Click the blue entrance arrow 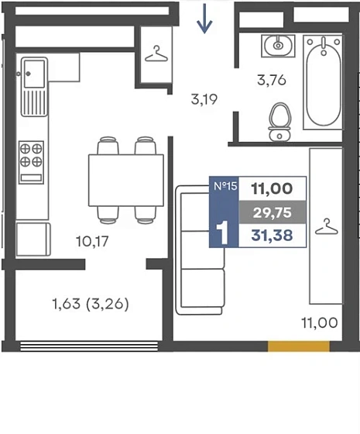(204, 19)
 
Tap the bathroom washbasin (278, 46)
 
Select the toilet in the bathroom (279, 122)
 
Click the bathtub (323, 82)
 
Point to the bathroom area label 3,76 (272, 81)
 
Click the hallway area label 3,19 (204, 99)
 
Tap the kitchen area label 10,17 (92, 241)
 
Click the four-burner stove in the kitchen (31, 162)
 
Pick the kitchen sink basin (34, 74)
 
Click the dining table (126, 180)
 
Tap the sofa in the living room (200, 250)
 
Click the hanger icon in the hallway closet (156, 53)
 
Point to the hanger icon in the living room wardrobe (327, 226)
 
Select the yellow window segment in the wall (299, 346)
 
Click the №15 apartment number (225, 186)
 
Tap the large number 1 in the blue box (223, 232)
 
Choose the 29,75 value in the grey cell (273, 212)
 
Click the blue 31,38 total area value (272, 236)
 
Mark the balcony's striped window (89, 346)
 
